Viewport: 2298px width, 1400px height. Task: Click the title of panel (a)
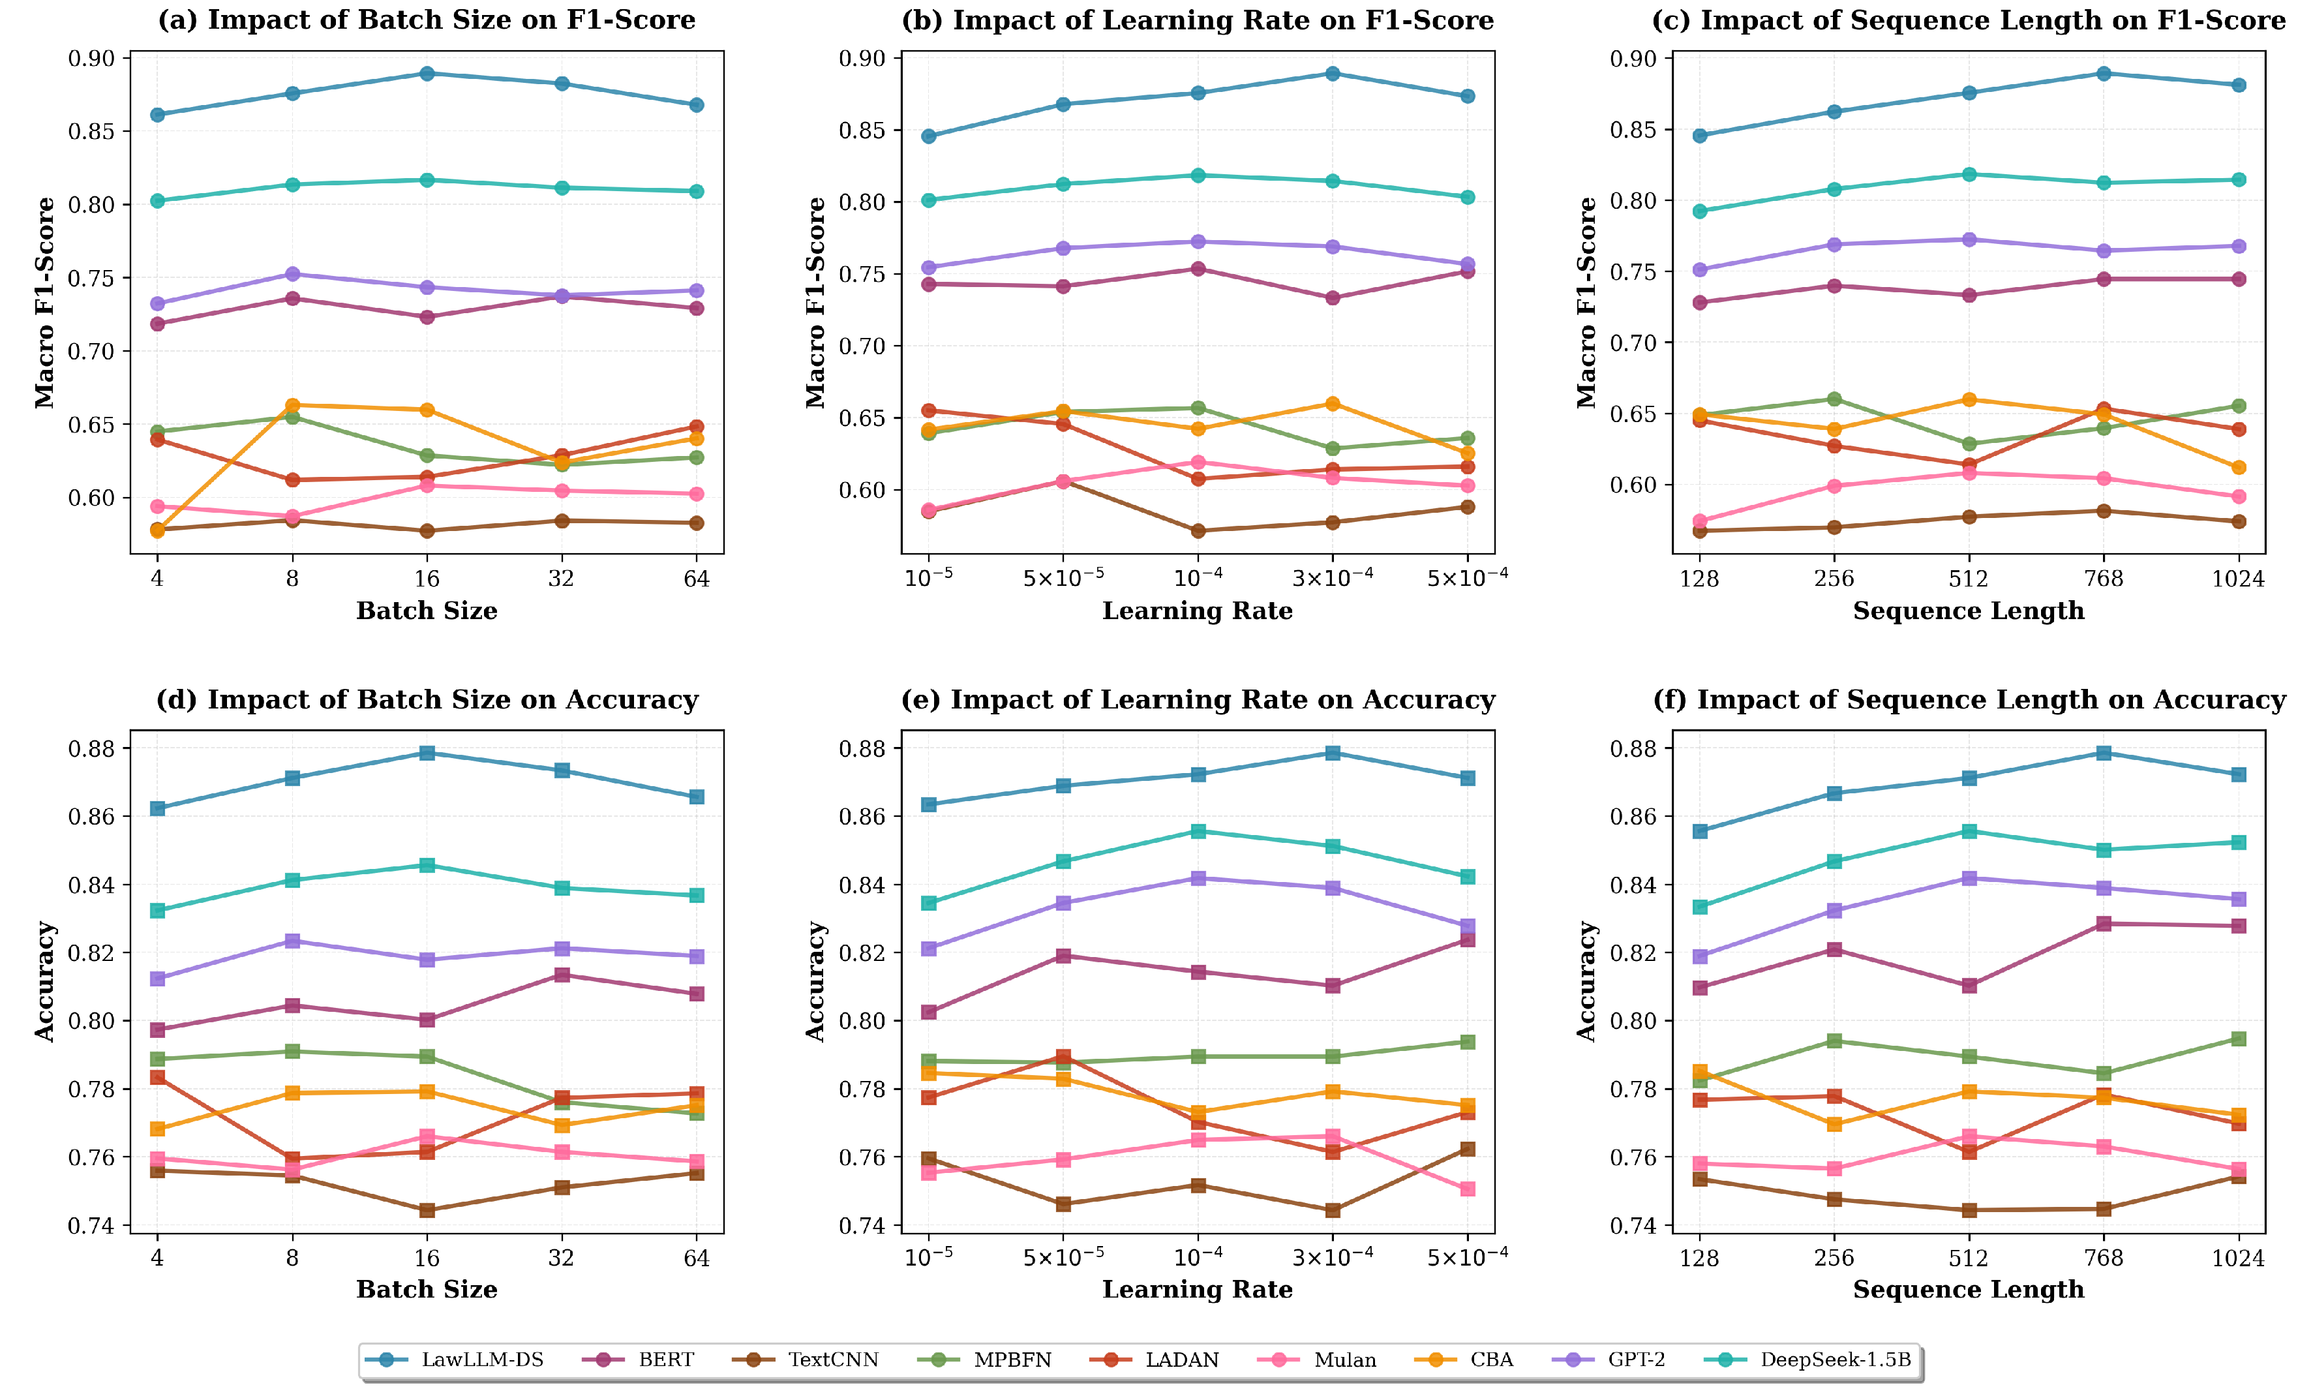pyautogui.click(x=426, y=20)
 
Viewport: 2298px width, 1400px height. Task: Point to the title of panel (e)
pyautogui.click(x=1198, y=699)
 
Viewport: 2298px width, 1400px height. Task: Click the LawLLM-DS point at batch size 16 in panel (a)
pyautogui.click(x=427, y=74)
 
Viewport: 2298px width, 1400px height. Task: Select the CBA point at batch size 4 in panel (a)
pyautogui.click(x=158, y=531)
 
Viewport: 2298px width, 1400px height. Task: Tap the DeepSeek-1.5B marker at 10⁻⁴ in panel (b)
pyautogui.click(x=1198, y=175)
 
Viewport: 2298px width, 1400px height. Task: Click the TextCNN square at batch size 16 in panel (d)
pyautogui.click(x=427, y=1211)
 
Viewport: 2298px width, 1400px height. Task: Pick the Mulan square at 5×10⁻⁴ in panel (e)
pyautogui.click(x=1468, y=1189)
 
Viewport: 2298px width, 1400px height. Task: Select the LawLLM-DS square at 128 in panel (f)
pyautogui.click(x=1701, y=831)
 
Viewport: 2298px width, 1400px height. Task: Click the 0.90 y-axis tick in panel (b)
pyautogui.click(x=864, y=59)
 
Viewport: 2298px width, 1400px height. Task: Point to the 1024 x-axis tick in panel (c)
pyautogui.click(x=2238, y=579)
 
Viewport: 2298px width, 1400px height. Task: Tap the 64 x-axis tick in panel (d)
pyautogui.click(x=697, y=1258)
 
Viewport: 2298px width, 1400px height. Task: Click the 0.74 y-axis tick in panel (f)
pyautogui.click(x=1634, y=1226)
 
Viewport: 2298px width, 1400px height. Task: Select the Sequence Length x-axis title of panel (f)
pyautogui.click(x=1969, y=1289)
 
